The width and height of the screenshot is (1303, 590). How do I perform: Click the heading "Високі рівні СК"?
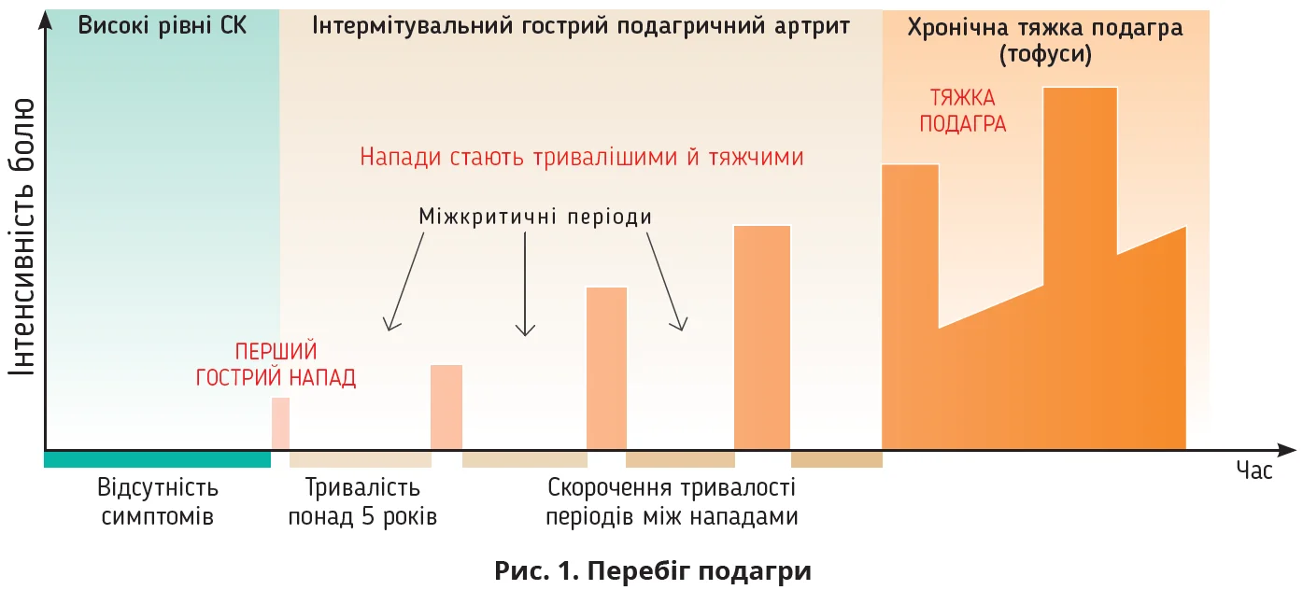pyautogui.click(x=163, y=25)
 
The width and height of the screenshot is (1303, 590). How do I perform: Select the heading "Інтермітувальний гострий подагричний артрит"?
pyautogui.click(x=581, y=25)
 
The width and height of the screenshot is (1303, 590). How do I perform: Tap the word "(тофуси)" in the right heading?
pyautogui.click(x=1045, y=55)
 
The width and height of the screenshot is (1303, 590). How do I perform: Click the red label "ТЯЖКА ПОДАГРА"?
pyautogui.click(x=963, y=111)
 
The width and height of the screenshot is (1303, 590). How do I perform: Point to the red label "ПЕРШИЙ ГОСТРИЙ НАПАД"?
pyautogui.click(x=276, y=365)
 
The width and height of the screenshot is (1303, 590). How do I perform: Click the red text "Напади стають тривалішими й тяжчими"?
pyautogui.click(x=582, y=157)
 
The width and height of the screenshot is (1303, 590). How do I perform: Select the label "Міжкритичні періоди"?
pyautogui.click(x=535, y=217)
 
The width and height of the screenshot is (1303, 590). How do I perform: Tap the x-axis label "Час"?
pyautogui.click(x=1253, y=471)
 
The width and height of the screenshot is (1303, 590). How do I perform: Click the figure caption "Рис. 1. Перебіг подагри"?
pyautogui.click(x=652, y=570)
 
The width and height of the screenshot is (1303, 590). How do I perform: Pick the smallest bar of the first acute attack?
pyautogui.click(x=280, y=423)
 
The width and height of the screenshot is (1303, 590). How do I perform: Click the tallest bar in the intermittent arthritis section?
pyautogui.click(x=762, y=336)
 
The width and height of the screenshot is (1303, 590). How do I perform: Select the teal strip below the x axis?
pyautogui.click(x=157, y=459)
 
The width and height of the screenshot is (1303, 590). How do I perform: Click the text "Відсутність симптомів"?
pyautogui.click(x=157, y=501)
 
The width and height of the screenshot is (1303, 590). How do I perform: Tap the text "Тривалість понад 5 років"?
pyautogui.click(x=362, y=501)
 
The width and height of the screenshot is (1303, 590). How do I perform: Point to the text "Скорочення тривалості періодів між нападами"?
pyautogui.click(x=672, y=501)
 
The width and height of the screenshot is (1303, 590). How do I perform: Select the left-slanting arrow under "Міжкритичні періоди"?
pyautogui.click(x=407, y=281)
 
